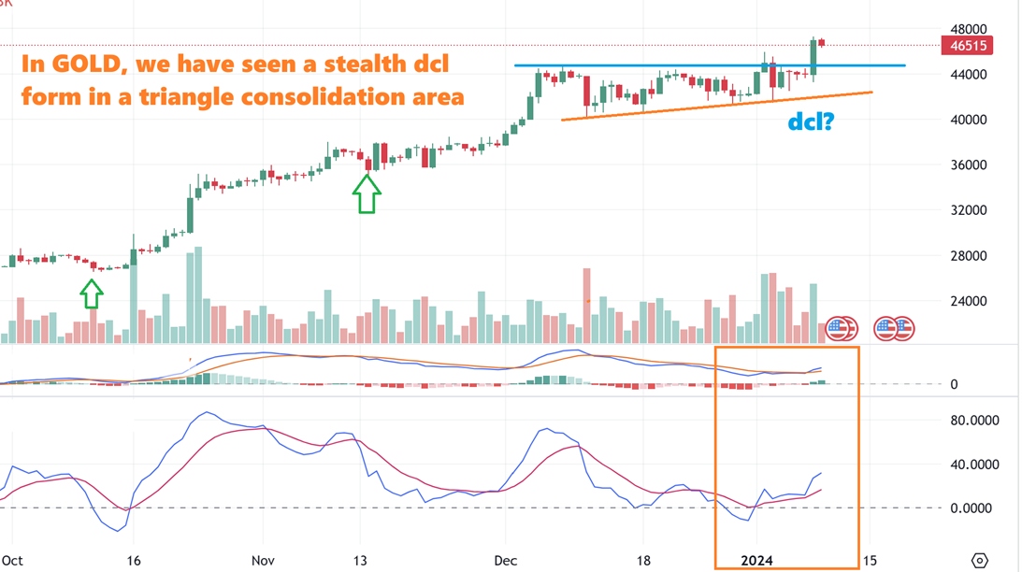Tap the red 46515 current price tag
point(967,46)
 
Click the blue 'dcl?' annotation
point(810,122)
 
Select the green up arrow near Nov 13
point(366,193)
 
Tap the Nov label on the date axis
point(263,560)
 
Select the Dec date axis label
point(505,560)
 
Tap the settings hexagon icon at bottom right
point(979,560)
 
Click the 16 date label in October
point(132,560)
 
